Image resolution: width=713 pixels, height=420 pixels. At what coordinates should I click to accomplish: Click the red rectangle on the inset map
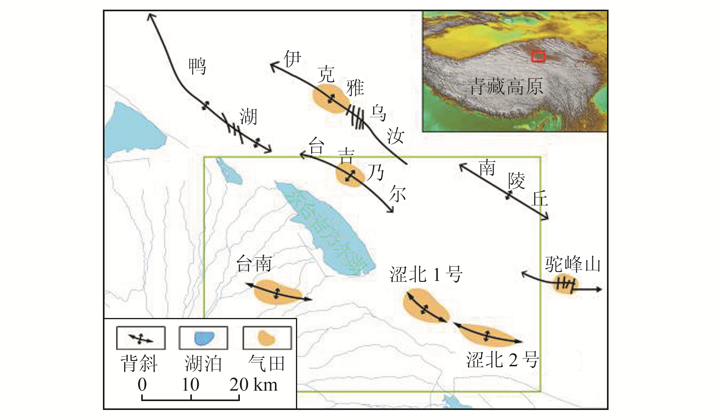click(x=538, y=56)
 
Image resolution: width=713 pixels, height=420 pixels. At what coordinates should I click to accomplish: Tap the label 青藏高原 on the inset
click(x=505, y=87)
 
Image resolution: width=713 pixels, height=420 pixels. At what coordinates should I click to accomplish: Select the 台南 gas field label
click(x=254, y=264)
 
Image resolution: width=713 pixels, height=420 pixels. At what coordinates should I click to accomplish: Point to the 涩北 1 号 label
click(x=426, y=275)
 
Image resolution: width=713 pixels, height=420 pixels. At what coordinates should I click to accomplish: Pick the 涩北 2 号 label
click(x=502, y=360)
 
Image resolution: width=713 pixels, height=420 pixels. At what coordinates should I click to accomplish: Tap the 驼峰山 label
click(x=573, y=265)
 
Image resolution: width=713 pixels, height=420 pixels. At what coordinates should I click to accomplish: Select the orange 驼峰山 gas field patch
click(x=564, y=284)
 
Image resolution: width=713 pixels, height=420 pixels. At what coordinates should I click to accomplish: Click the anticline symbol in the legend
click(x=141, y=338)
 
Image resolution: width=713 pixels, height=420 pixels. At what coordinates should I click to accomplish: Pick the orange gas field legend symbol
click(x=267, y=338)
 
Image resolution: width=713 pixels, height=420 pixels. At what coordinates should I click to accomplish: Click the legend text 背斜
click(x=139, y=364)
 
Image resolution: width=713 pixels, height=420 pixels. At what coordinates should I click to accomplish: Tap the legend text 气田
click(x=267, y=364)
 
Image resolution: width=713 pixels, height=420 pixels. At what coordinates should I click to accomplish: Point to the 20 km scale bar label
click(x=253, y=385)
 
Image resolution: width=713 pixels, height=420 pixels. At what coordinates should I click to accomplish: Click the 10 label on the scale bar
click(x=190, y=385)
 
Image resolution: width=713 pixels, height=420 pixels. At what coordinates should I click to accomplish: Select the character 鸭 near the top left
click(x=197, y=66)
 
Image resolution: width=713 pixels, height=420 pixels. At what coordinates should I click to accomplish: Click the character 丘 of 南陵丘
click(x=540, y=199)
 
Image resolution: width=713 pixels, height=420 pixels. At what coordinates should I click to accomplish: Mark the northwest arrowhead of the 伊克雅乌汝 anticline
click(x=272, y=66)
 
